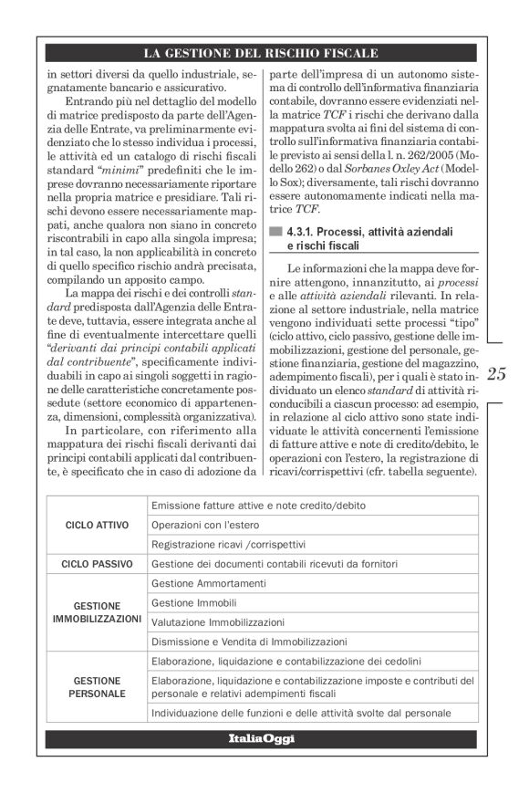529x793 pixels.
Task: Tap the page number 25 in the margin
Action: coord(501,374)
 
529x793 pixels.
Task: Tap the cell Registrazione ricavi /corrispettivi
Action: coord(228,545)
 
